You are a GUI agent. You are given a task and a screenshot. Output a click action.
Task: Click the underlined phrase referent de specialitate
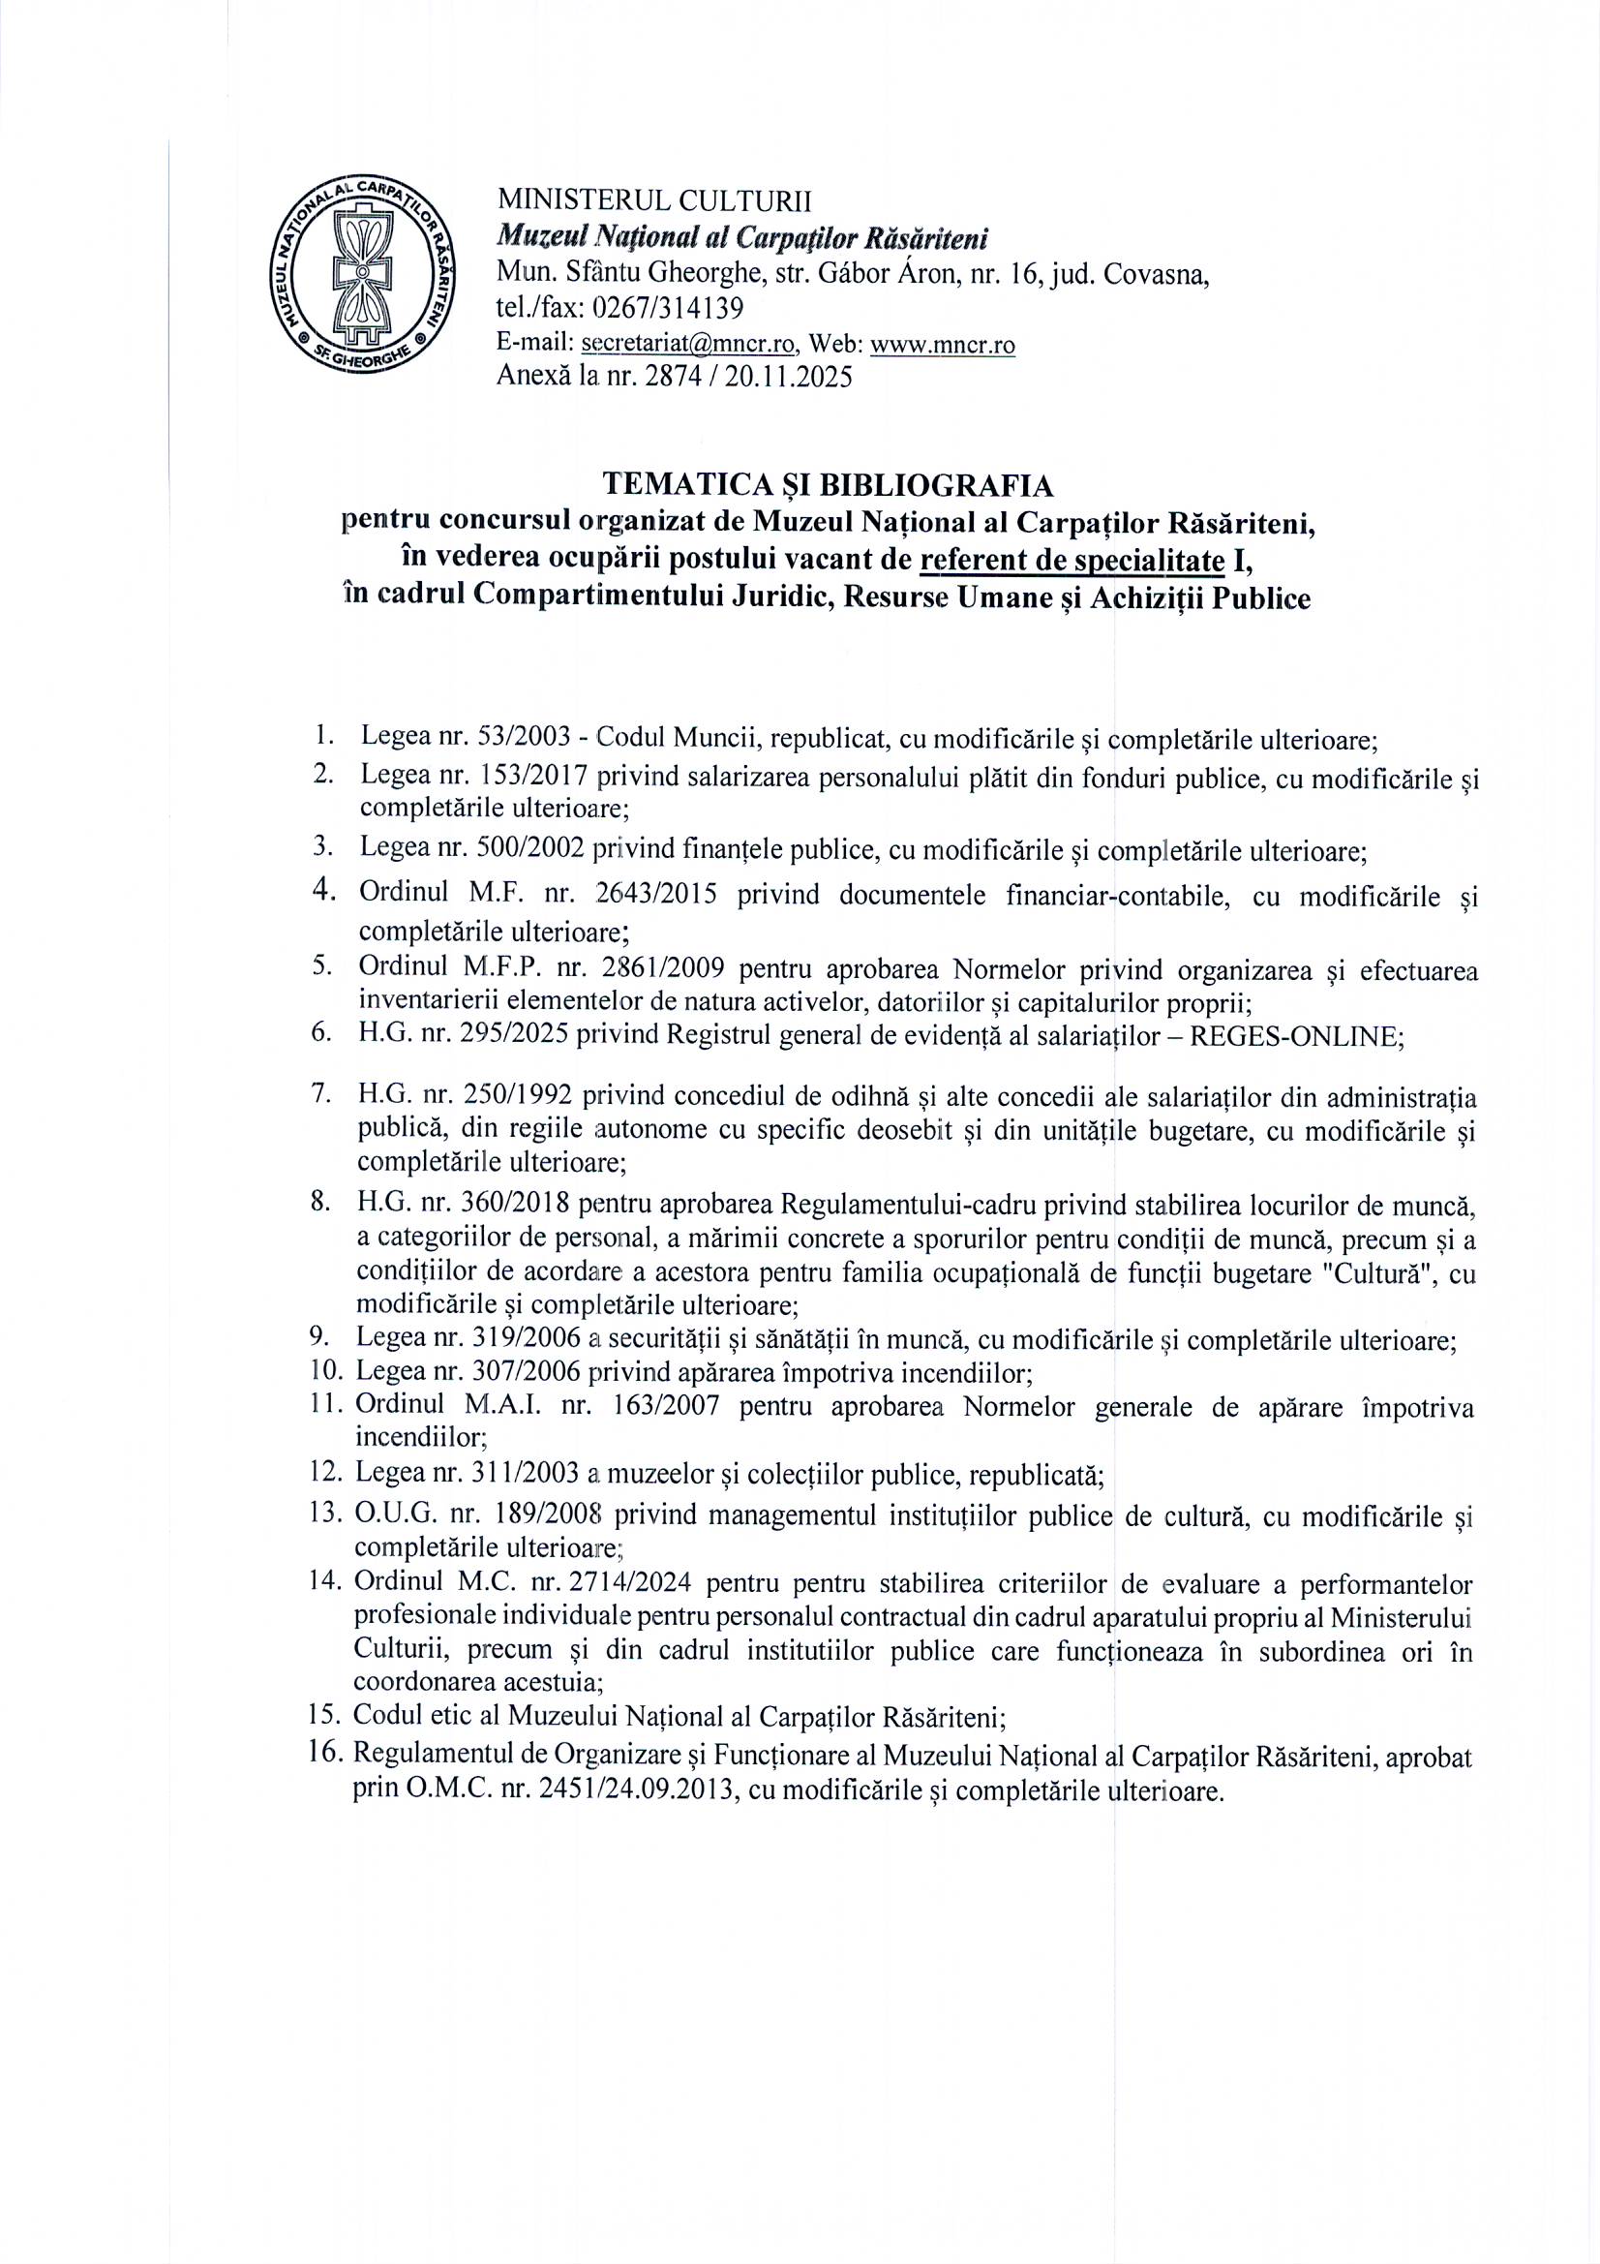[1072, 560]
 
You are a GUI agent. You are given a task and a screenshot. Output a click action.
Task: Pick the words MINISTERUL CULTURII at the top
[654, 201]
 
